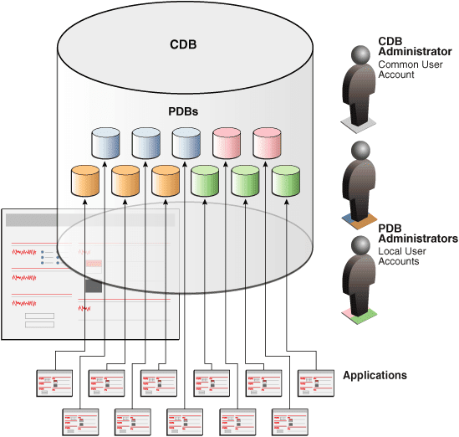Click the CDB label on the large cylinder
click(x=182, y=44)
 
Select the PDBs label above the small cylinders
click(x=182, y=111)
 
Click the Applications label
click(x=375, y=375)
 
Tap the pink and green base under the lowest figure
click(x=360, y=316)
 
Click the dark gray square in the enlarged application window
click(x=94, y=285)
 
